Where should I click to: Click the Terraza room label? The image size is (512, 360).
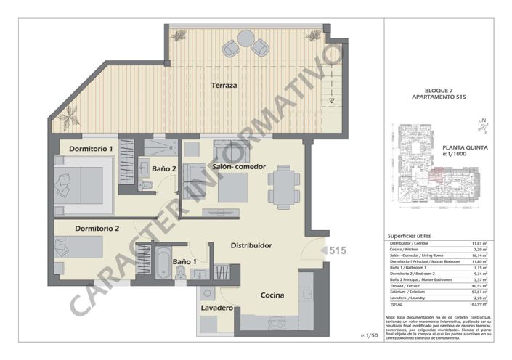click(224, 86)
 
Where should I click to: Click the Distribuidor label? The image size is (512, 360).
click(251, 245)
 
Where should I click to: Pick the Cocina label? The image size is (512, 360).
click(274, 295)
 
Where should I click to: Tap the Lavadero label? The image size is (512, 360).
click(216, 308)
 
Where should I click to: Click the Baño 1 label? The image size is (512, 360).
click(184, 261)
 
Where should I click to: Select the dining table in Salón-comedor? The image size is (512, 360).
click(283, 187)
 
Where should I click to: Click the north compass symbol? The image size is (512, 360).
click(483, 126)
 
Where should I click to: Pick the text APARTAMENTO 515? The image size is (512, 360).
click(439, 97)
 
